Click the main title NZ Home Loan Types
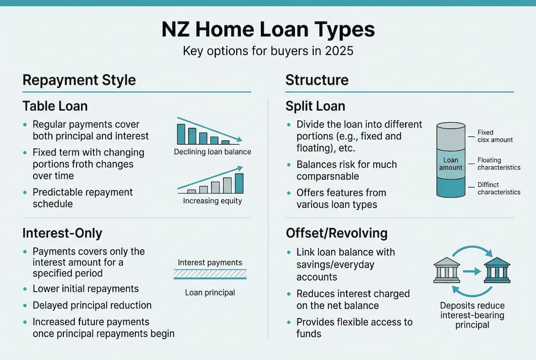pos(268,30)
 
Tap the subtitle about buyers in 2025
pos(268,51)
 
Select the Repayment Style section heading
pos(79,80)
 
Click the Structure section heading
pos(317,80)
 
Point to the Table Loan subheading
pos(55,106)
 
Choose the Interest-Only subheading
pos(62,233)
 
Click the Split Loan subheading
pos(315,106)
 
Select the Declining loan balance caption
pos(212,151)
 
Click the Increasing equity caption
pos(212,201)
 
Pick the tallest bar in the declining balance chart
pos(181,134)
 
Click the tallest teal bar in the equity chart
pos(239,183)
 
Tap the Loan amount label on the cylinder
pos(451,164)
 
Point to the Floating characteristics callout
pos(499,164)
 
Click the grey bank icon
pos(447,270)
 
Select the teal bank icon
pos(497,270)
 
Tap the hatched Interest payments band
pos(210,274)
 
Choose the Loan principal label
pos(210,292)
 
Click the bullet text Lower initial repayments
pos(85,289)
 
